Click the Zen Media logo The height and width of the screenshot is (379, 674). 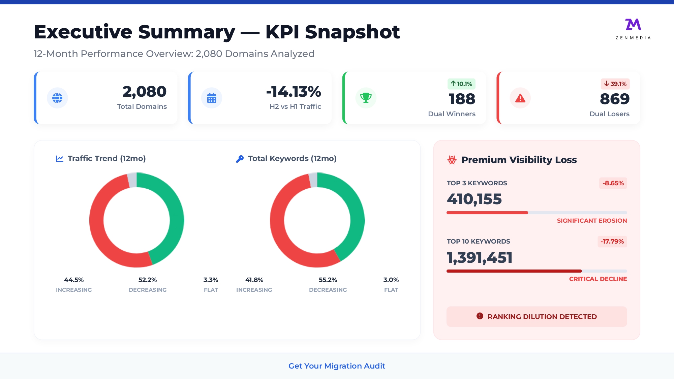(633, 29)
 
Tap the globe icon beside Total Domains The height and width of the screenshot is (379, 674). (57, 98)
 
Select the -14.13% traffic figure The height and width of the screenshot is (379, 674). (294, 92)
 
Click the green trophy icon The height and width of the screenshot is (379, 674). (366, 98)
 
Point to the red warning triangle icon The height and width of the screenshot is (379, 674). (520, 98)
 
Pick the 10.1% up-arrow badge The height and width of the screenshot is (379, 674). (461, 84)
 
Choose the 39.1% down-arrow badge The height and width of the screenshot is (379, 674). (615, 84)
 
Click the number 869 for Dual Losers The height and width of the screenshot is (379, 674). (614, 99)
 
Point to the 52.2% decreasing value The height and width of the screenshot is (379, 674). (148, 280)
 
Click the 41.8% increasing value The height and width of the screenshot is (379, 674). (254, 280)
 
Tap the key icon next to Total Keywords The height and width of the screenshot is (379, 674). (240, 159)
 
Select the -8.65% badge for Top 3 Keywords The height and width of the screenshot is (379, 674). (613, 183)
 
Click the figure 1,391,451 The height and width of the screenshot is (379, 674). (480, 258)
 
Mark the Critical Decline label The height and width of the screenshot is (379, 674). (598, 279)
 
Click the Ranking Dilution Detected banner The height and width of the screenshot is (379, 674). (537, 317)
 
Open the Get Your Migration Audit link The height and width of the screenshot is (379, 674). (337, 366)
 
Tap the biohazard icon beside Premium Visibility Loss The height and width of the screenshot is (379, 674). (452, 160)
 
